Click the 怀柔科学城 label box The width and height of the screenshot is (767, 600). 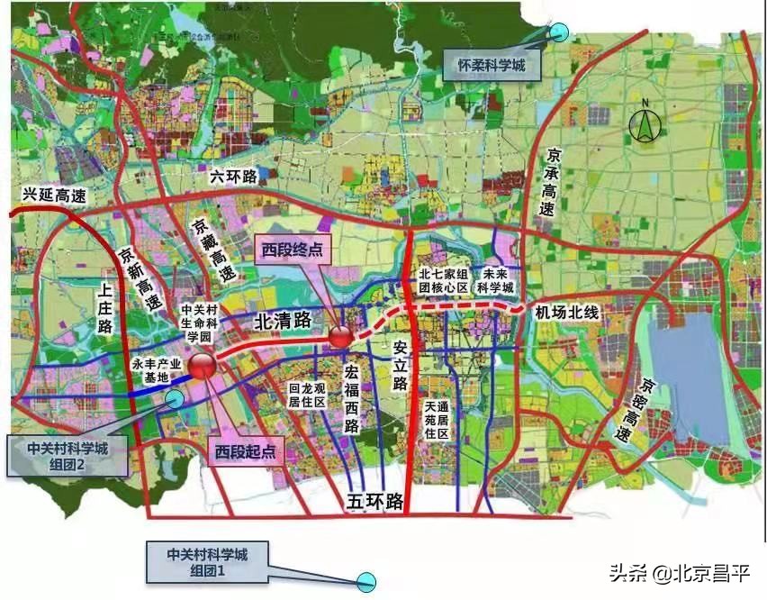coord(485,65)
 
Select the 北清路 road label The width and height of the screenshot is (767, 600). coord(283,320)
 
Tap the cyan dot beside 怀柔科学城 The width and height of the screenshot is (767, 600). coord(560,32)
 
